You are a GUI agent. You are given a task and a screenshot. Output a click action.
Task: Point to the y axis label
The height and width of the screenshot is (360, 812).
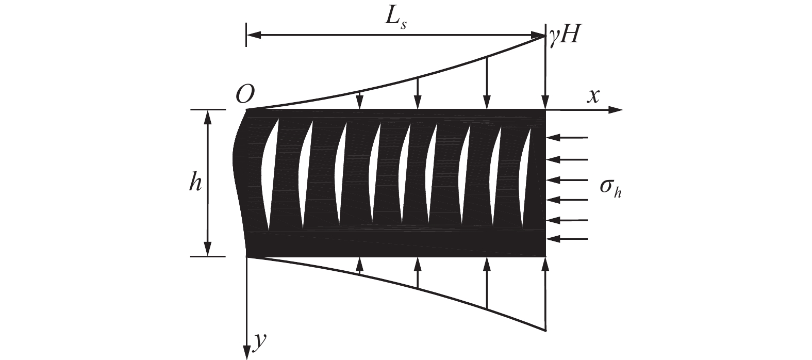pyautogui.click(x=259, y=340)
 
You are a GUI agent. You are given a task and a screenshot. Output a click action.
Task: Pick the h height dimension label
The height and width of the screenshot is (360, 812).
pyautogui.click(x=194, y=183)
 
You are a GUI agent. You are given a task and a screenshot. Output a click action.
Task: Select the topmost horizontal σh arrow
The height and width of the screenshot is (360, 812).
pyautogui.click(x=567, y=138)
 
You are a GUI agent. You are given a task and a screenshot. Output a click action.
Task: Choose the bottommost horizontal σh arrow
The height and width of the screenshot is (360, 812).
pyautogui.click(x=567, y=239)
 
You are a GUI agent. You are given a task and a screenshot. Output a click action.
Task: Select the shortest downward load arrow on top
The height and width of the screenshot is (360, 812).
pyautogui.click(x=360, y=101)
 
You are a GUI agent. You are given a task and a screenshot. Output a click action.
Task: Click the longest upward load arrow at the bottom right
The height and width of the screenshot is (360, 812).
pyautogui.click(x=545, y=294)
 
